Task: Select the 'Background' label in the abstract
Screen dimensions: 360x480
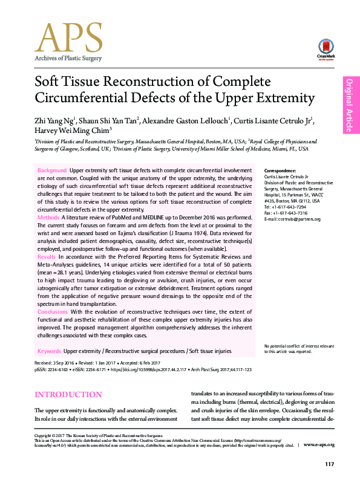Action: point(52,171)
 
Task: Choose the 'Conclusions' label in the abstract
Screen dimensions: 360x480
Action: point(53,312)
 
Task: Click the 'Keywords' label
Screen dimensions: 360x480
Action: point(49,351)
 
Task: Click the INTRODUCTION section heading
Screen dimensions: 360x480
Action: point(68,395)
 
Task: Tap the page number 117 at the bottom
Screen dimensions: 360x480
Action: point(329,464)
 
